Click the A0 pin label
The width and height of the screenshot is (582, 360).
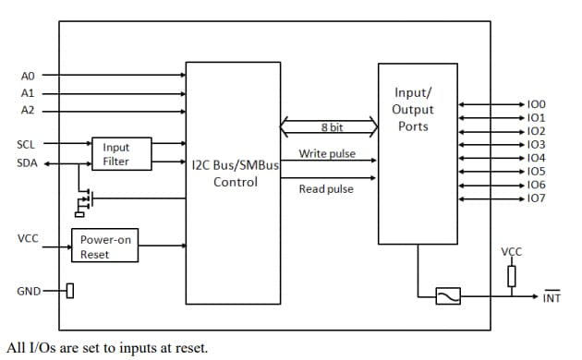coord(27,76)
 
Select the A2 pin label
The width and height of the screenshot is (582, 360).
coord(27,110)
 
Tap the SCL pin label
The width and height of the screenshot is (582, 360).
coord(27,145)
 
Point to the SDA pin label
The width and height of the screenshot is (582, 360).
coord(27,162)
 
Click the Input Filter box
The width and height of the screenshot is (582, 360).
coord(116,154)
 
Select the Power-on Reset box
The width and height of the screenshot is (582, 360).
coord(105,246)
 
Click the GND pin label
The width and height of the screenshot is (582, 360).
coord(28,292)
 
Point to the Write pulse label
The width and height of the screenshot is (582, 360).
coord(327,153)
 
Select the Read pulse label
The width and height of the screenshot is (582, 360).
coord(326,189)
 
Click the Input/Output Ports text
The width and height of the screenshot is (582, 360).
coord(413,109)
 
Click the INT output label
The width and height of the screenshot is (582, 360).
coord(552,297)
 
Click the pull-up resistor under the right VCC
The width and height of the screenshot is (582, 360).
coord(511,275)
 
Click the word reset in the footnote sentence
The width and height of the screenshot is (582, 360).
coord(189,348)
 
